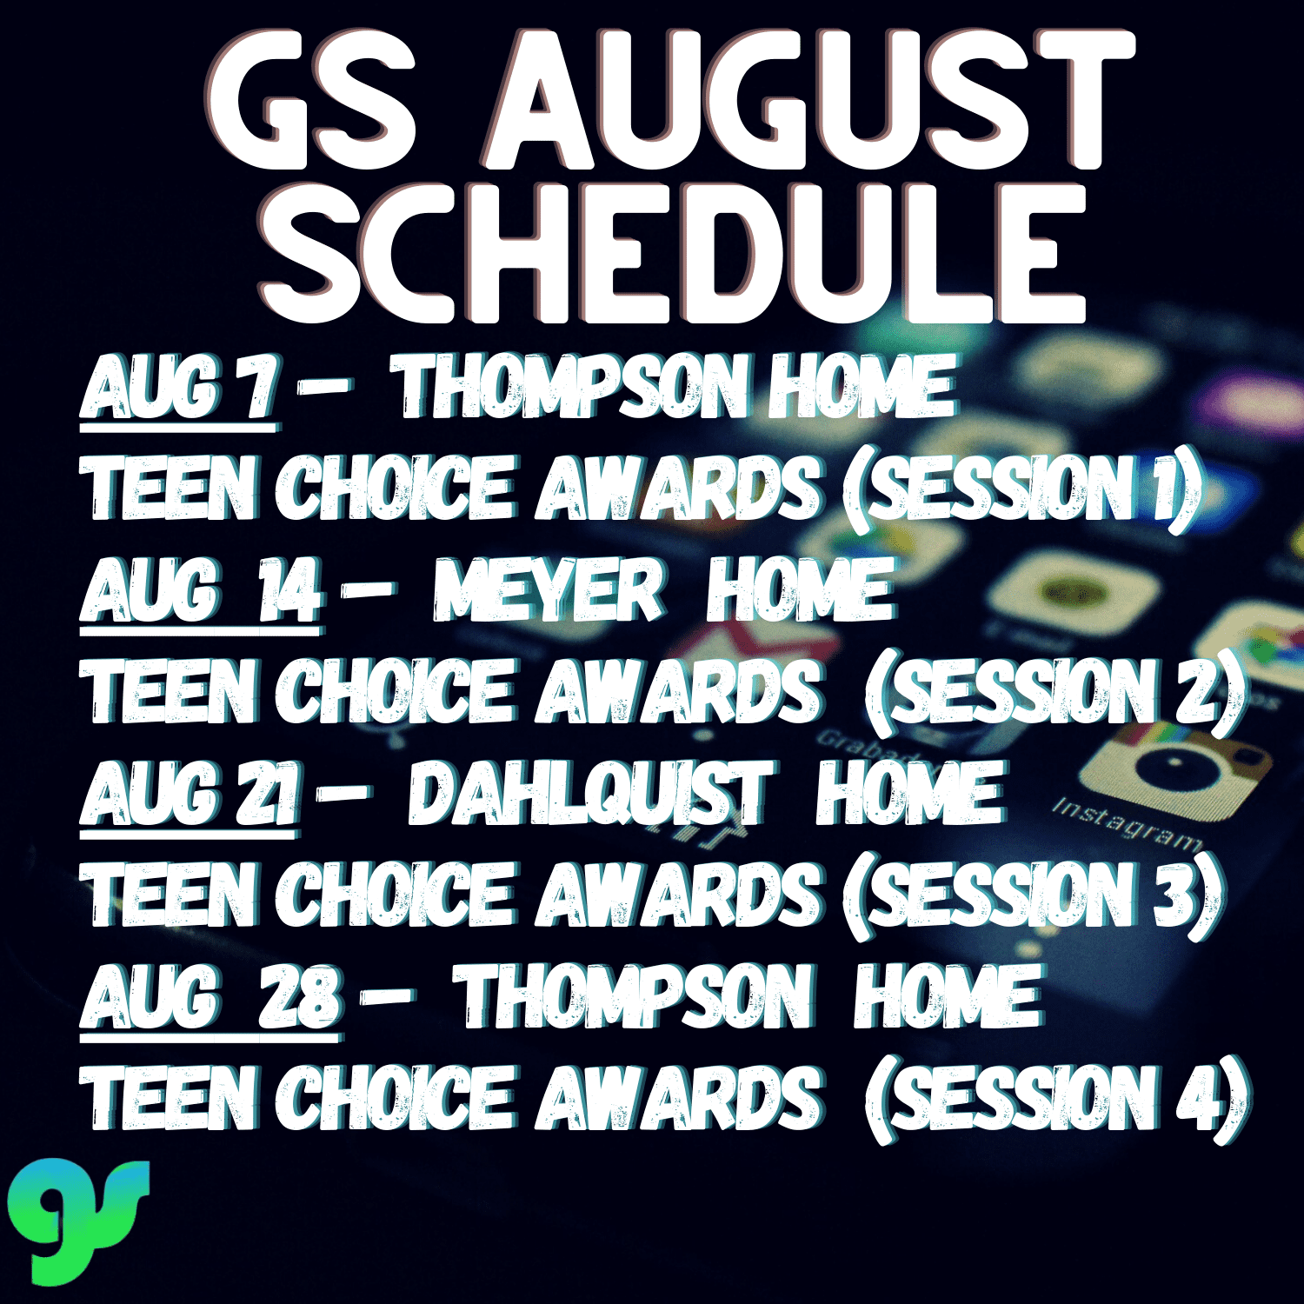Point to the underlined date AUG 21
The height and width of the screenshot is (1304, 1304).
[190, 795]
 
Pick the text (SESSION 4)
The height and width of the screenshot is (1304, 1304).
[1056, 1101]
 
